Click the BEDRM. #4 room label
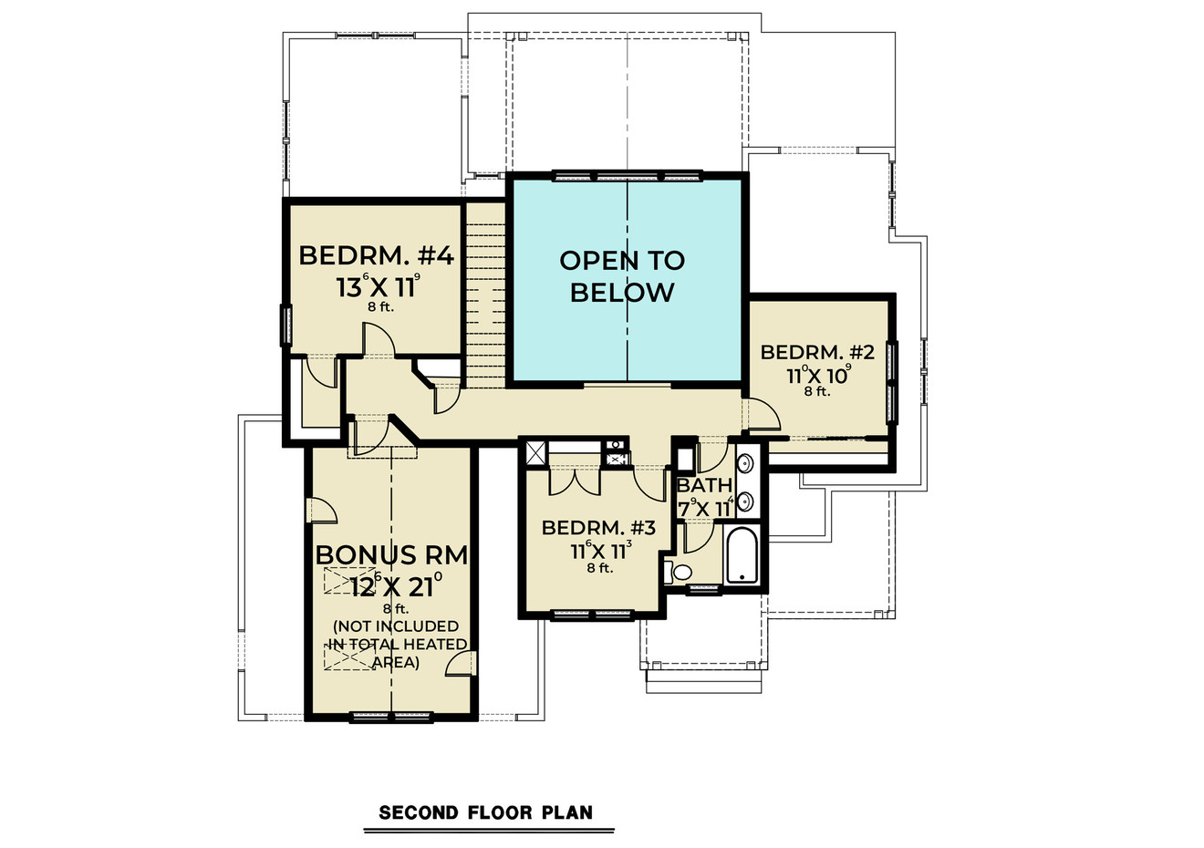(376, 255)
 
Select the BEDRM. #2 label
(817, 352)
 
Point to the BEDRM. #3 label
(599, 528)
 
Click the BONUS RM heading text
(391, 555)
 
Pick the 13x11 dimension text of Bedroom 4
(378, 287)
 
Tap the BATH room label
(704, 486)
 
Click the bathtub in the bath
(742, 554)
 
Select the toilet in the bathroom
(679, 573)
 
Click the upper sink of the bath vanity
(745, 463)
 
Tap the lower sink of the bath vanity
(745, 501)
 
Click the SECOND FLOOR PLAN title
(485, 812)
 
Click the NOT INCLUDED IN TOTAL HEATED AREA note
(396, 645)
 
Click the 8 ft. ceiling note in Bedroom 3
(599, 568)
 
